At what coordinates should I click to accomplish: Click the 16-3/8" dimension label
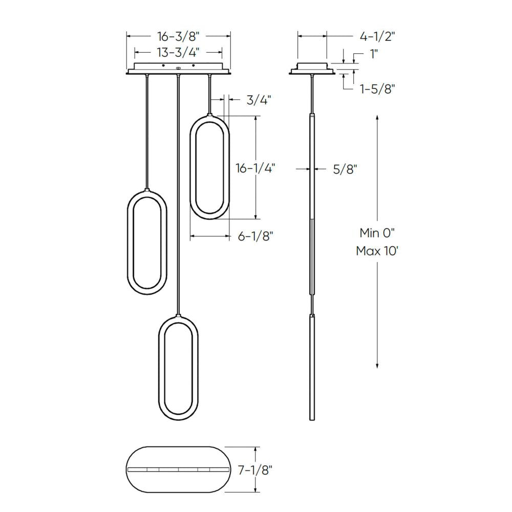[x=178, y=36]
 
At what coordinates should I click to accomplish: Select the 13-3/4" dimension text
[x=178, y=52]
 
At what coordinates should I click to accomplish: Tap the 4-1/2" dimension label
[x=377, y=36]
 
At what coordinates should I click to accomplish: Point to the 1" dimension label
[x=375, y=53]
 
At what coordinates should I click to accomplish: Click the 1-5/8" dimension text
[x=377, y=89]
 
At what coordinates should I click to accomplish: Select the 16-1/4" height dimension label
[x=255, y=168]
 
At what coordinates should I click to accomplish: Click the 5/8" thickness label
[x=345, y=169]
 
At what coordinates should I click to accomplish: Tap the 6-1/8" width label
[x=255, y=236]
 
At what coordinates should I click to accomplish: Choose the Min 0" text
[x=377, y=233]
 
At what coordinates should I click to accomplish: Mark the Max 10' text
[x=377, y=251]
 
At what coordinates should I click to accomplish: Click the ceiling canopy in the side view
[x=312, y=69]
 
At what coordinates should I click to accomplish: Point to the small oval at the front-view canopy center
[x=178, y=68]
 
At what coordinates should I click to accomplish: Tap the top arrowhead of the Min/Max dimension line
[x=377, y=118]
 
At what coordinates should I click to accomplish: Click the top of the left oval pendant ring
[x=147, y=192]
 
